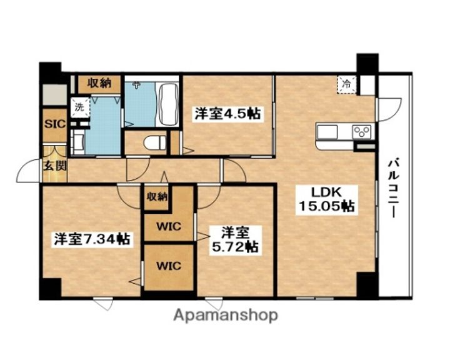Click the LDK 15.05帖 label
pyautogui.click(x=326, y=199)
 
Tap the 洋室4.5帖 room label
pyautogui.click(x=227, y=114)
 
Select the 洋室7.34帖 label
pyautogui.click(x=92, y=239)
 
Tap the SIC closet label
pyautogui.click(x=55, y=124)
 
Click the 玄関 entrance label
pyautogui.click(x=55, y=166)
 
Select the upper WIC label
pyautogui.click(x=169, y=226)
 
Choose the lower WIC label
pyautogui.click(x=169, y=266)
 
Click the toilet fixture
pyautogui.click(x=155, y=142)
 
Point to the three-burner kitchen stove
pyautogui.click(x=362, y=132)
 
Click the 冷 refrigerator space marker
pyautogui.click(x=346, y=84)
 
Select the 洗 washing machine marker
pyautogui.click(x=80, y=107)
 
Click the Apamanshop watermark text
pyautogui.click(x=226, y=316)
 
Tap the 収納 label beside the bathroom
pyautogui.click(x=99, y=84)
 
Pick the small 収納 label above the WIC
pyautogui.click(x=157, y=197)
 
